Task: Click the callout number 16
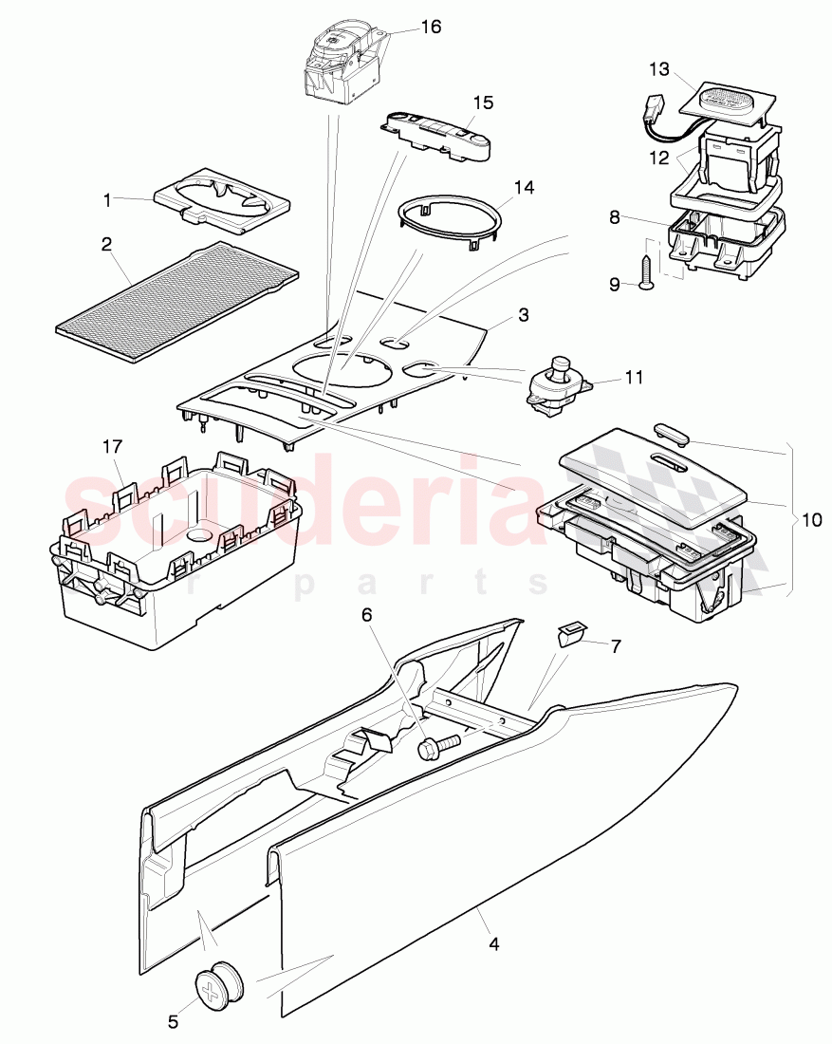(x=431, y=27)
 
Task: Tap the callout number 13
(x=659, y=69)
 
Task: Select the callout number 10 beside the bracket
(x=811, y=519)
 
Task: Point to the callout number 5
(x=173, y=1021)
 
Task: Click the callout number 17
(x=113, y=446)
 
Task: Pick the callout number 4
(x=493, y=943)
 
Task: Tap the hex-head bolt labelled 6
(x=438, y=745)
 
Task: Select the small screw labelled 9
(x=647, y=274)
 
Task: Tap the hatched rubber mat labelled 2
(x=177, y=303)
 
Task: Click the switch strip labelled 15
(x=436, y=135)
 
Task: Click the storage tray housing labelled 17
(x=176, y=550)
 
